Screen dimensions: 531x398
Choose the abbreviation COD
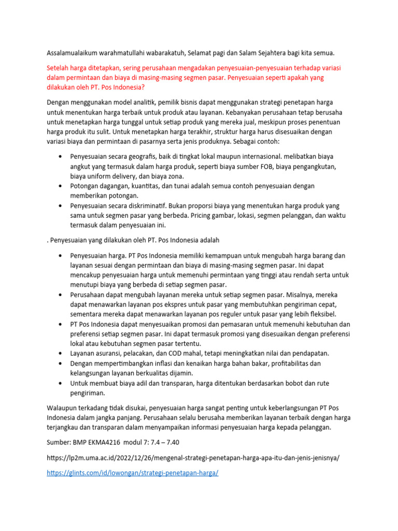pyautogui.click(x=182, y=353)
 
